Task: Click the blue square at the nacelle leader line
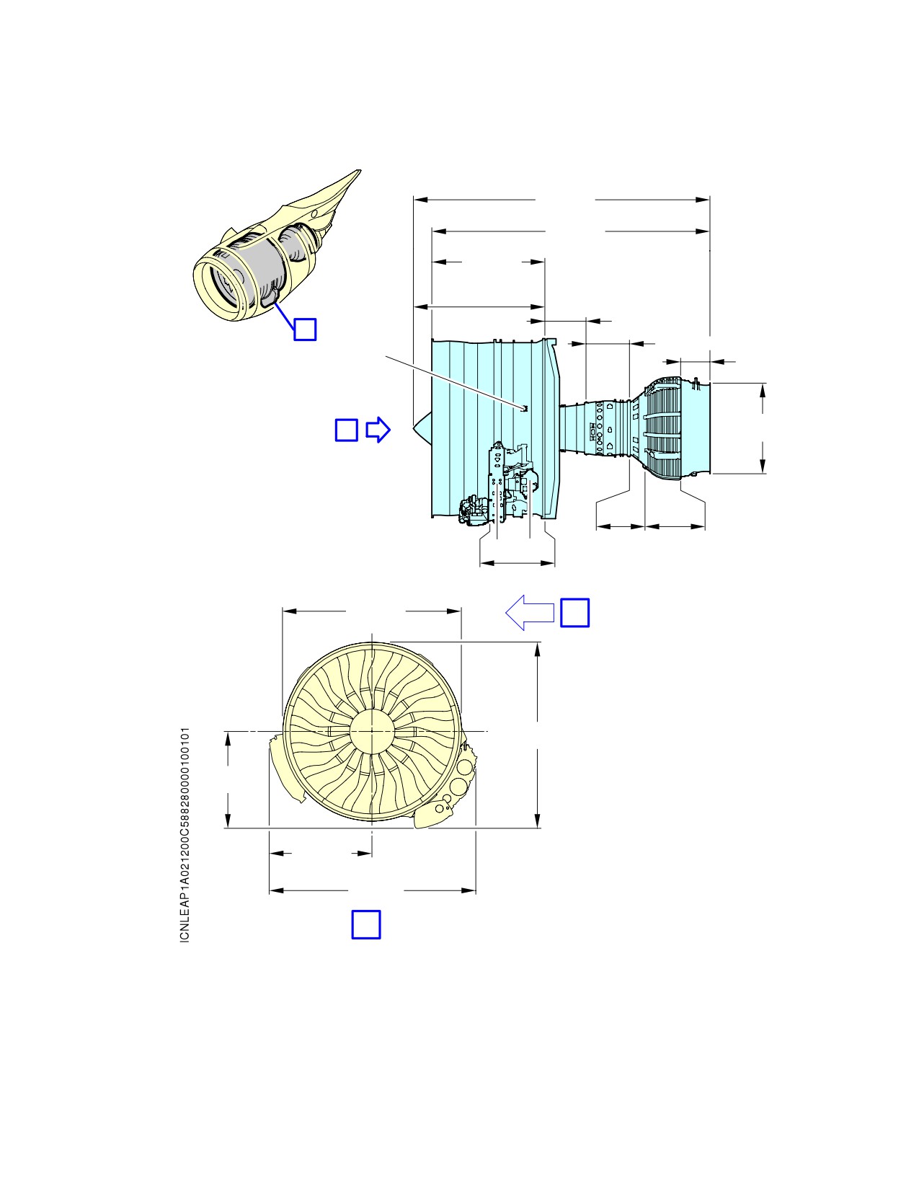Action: tap(305, 329)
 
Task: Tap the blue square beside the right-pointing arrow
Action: tap(346, 430)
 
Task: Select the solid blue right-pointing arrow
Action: tap(378, 430)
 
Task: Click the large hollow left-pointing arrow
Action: tap(530, 612)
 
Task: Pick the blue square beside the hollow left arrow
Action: tap(575, 612)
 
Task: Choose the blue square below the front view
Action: tap(366, 924)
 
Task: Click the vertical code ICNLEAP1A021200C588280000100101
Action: tap(185, 834)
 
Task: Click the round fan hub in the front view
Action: tap(371, 730)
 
